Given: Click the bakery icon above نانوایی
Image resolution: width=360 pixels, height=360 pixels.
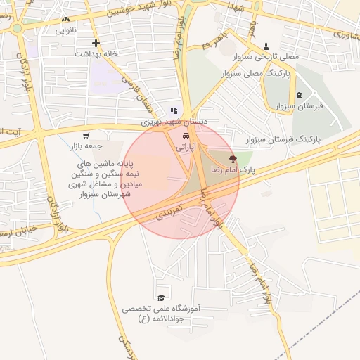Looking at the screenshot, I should tap(66, 20).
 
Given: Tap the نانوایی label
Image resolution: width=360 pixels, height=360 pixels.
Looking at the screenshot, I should tap(66, 30).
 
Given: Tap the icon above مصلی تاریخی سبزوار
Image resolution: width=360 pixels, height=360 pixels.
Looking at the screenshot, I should tap(266, 44).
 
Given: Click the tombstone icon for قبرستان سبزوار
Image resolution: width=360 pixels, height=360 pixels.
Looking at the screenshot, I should tap(300, 95).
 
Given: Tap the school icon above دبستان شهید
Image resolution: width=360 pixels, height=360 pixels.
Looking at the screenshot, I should tap(174, 110).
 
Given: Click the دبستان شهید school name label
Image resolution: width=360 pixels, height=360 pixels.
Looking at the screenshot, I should tap(175, 122).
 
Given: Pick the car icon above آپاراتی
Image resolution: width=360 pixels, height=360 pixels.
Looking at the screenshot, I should tap(185, 136).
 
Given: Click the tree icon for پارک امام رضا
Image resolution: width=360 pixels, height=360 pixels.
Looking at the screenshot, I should tap(233, 160).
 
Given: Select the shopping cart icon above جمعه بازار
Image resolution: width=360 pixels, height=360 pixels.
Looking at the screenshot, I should tap(86, 136).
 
